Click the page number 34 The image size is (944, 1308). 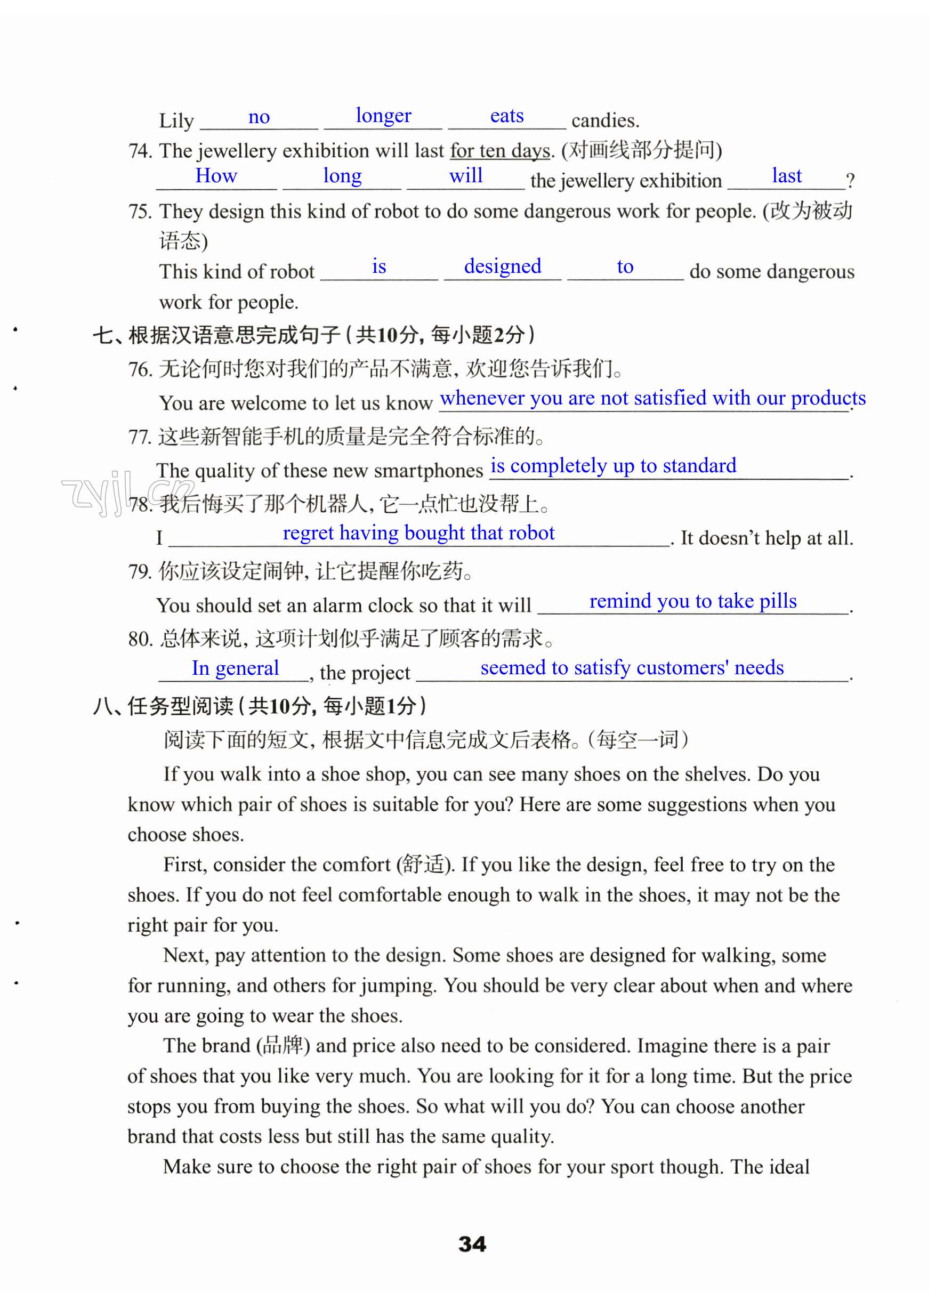[x=472, y=1244]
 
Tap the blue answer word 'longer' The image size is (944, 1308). [x=383, y=116]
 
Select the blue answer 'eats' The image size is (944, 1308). [x=506, y=116]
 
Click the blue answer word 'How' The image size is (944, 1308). [x=216, y=175]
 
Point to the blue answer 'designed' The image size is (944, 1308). [x=502, y=267]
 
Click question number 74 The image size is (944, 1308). [x=140, y=151]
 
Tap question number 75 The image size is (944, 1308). [x=140, y=212]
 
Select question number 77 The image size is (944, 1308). [x=140, y=437]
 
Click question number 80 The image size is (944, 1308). [x=140, y=639]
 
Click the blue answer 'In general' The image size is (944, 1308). [x=235, y=668]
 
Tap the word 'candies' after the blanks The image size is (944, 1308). [x=604, y=120]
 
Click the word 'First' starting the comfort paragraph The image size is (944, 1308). [x=184, y=865]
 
